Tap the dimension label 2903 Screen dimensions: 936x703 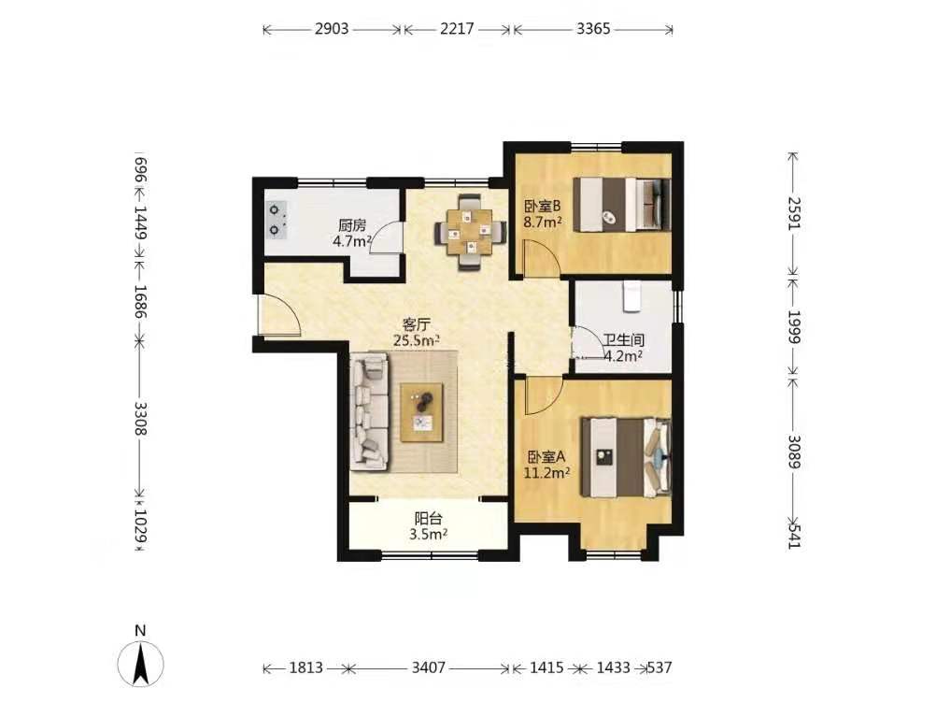332,29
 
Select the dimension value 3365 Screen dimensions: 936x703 593,29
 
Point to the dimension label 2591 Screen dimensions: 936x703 795,213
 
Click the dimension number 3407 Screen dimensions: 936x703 429,667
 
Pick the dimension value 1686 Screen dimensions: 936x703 141,301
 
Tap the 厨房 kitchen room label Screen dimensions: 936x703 351,226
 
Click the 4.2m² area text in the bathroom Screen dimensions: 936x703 623,356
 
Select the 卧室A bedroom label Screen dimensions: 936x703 546,457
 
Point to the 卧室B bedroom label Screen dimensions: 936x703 543,207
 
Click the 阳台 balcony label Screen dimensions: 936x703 429,519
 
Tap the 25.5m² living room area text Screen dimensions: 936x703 417,341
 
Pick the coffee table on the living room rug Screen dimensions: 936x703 422,412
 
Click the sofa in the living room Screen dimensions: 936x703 369,410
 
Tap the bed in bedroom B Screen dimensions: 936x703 622,204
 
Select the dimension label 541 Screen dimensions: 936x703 795,535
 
